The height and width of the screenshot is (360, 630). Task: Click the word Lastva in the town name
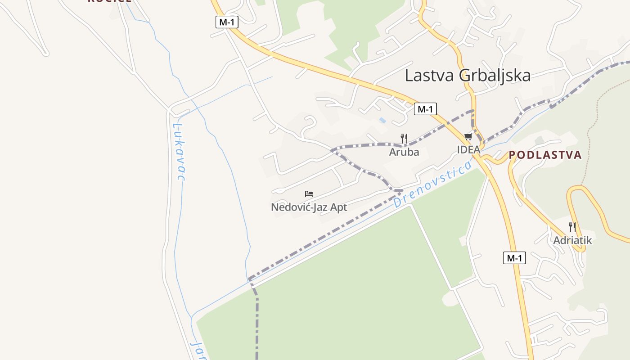pyautogui.click(x=430, y=75)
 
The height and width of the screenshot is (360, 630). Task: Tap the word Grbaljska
pyautogui.click(x=495, y=76)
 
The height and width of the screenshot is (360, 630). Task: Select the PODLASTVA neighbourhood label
pyautogui.click(x=545, y=155)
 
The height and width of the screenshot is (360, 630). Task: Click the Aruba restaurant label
pyautogui.click(x=404, y=152)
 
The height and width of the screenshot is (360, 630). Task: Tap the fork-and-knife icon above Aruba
pyautogui.click(x=404, y=139)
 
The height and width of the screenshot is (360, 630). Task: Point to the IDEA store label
pyautogui.click(x=468, y=150)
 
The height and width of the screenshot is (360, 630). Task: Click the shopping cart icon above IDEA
pyautogui.click(x=468, y=137)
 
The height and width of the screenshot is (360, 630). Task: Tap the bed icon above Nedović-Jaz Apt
pyautogui.click(x=309, y=194)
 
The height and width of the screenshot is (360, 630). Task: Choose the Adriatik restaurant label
pyautogui.click(x=572, y=240)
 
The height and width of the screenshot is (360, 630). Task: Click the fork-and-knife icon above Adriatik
pyautogui.click(x=572, y=227)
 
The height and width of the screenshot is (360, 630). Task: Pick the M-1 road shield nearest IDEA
pyautogui.click(x=425, y=109)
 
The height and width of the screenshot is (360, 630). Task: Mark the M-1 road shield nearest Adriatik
pyautogui.click(x=514, y=258)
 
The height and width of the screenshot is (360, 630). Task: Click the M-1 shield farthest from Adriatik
pyautogui.click(x=227, y=22)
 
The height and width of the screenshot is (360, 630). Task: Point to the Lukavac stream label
pyautogui.click(x=180, y=152)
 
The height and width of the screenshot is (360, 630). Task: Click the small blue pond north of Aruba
pyautogui.click(x=382, y=120)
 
